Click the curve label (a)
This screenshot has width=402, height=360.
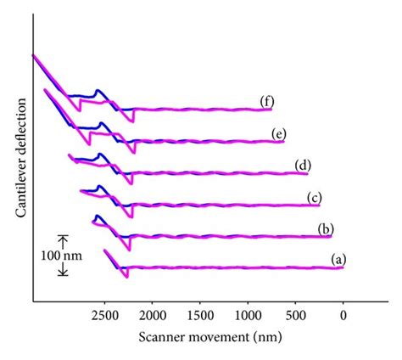tap(338, 257)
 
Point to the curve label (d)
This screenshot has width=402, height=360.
tap(302, 165)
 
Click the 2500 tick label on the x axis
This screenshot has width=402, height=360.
tap(104, 315)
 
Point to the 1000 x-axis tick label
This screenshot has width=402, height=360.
tap(248, 315)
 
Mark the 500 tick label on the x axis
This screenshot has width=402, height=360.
tap(295, 315)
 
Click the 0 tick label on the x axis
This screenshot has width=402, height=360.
tap(343, 315)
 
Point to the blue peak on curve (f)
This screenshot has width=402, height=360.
tap(98, 89)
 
